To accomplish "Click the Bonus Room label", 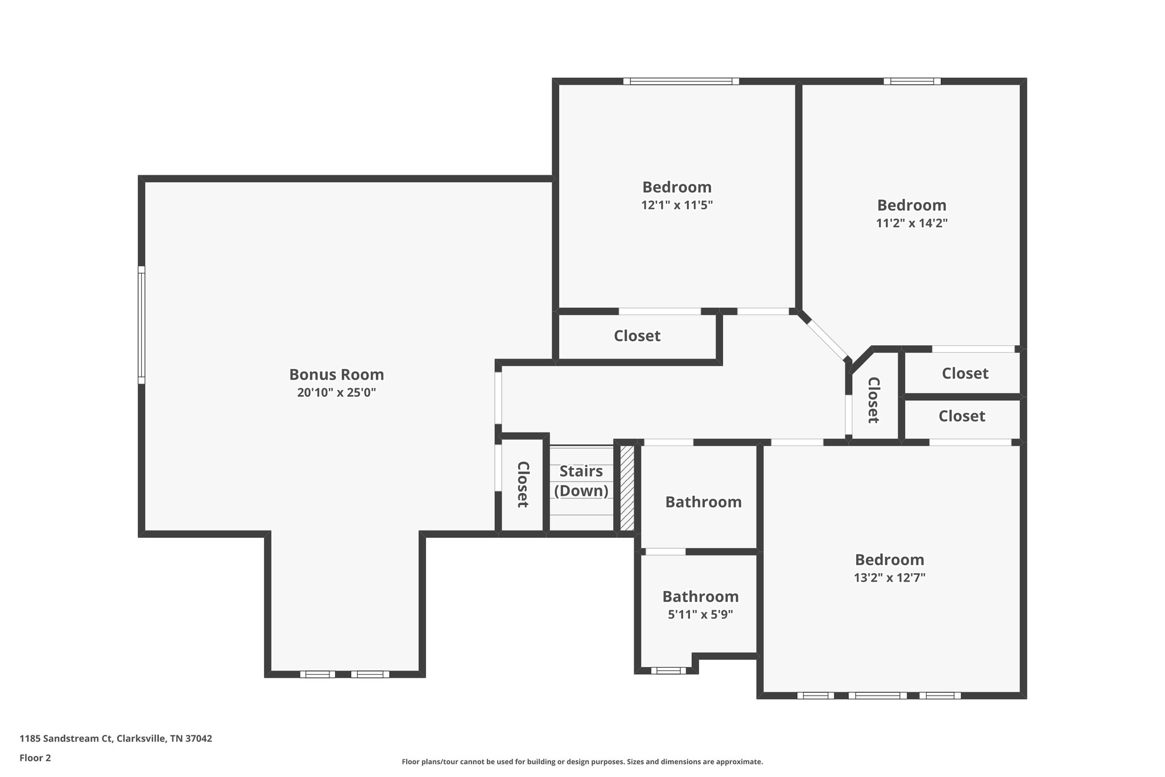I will pos(336,375).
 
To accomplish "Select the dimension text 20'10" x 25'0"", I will pos(336,393).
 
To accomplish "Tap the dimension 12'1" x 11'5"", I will pos(676,205).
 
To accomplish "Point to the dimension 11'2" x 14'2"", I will pos(911,223).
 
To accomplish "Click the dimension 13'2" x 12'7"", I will pos(889,578).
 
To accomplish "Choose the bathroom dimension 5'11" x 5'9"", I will pos(700,615).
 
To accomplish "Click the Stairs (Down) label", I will pos(581,481).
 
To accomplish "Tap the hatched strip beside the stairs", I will pos(626,488).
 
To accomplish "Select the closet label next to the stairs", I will pos(523,484).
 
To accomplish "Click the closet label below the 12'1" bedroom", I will pos(637,336).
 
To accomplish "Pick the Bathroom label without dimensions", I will pos(703,502).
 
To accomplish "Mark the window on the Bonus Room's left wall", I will pos(142,325).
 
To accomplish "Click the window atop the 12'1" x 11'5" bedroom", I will pos(681,81).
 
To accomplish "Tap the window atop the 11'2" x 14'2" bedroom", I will pos(912,81).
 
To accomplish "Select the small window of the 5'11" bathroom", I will pos(668,671).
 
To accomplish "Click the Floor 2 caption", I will pos(35,758).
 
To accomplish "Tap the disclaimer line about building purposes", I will pos(582,762).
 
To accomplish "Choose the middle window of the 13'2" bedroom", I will pos(877,695).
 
